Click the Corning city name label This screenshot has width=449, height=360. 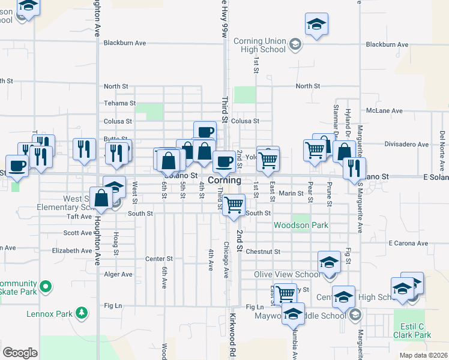click(x=224, y=180)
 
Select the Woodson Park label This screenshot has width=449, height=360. click(x=293, y=225)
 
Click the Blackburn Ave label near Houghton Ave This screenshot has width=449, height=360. click(x=125, y=43)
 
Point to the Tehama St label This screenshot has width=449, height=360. click(x=116, y=103)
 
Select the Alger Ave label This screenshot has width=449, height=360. click(x=118, y=274)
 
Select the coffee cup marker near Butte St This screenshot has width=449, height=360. click(x=204, y=131)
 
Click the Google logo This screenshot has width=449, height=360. click(x=20, y=352)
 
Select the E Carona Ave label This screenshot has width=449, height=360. click(x=408, y=244)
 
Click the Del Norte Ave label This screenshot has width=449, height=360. click(x=441, y=143)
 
